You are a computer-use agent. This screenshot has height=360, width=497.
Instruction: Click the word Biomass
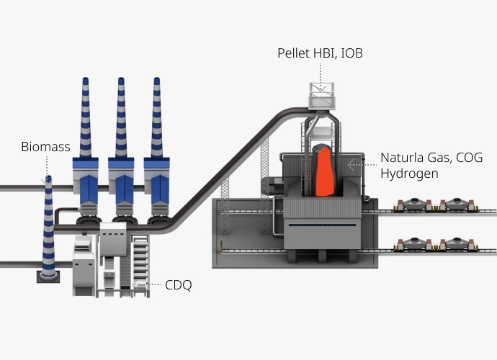click(x=45, y=147)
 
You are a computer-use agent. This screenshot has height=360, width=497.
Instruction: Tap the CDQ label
click(x=179, y=285)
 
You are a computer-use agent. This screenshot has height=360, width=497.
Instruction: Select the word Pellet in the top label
click(x=293, y=53)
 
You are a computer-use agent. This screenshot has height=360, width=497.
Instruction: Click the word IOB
click(x=352, y=53)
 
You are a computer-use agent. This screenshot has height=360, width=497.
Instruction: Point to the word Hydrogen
click(x=410, y=174)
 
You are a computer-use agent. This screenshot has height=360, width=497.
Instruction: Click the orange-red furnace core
click(x=324, y=171)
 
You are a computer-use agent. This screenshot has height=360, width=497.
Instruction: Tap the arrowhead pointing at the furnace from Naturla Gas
click(x=351, y=165)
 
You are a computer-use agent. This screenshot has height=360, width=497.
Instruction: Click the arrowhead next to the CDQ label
click(x=135, y=283)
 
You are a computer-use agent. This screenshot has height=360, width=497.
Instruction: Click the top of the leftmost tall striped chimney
click(x=85, y=79)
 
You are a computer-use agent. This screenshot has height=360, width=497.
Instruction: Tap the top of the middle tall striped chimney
click(x=121, y=79)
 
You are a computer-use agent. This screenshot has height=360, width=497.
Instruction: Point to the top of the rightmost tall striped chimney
click(x=156, y=79)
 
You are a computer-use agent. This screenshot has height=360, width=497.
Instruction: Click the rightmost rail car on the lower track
click(x=457, y=244)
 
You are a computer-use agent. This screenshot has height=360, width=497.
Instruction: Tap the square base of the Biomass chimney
click(x=48, y=277)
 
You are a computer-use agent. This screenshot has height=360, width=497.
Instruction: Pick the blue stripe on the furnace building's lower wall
click(x=322, y=225)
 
